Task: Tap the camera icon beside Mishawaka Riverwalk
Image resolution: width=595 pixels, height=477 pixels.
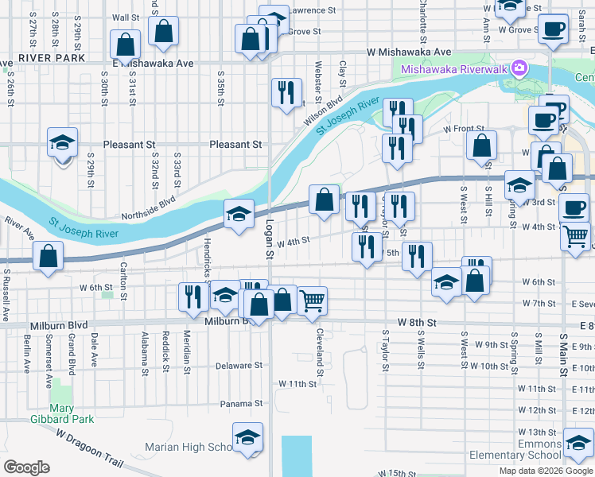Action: point(520,68)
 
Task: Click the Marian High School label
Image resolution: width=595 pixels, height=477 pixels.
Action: point(188,447)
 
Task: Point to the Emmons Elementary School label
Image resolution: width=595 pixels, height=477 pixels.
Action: point(515,448)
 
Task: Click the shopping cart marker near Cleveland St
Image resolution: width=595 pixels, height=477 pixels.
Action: point(313,300)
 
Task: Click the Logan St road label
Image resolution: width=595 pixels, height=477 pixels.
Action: point(270,239)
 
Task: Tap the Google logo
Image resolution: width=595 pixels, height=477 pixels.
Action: point(25,467)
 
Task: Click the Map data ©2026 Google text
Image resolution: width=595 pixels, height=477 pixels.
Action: point(546,471)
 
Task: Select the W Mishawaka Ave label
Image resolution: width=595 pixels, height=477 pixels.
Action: point(410,51)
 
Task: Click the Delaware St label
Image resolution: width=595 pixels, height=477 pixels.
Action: point(239,366)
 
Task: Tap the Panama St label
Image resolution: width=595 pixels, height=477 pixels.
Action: point(242,404)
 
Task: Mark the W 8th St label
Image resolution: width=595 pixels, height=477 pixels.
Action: point(420,324)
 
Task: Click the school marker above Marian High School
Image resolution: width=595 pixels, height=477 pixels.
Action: point(247,437)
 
